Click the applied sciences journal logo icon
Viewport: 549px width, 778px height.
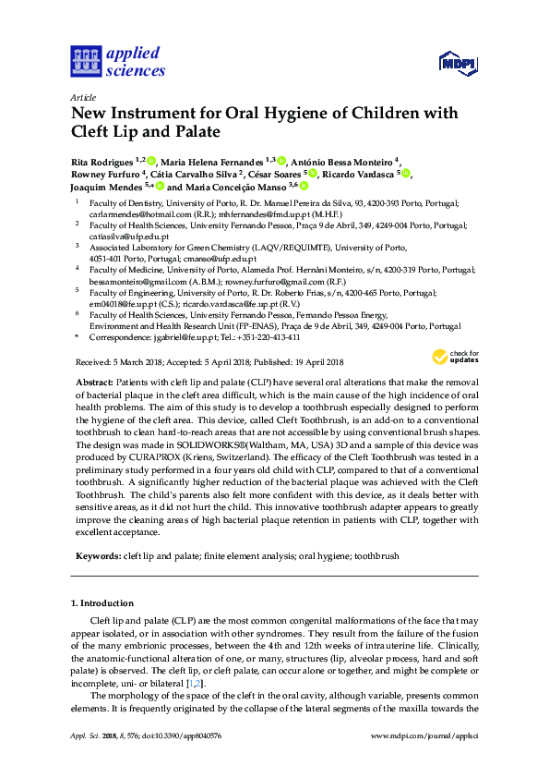(x=85, y=62)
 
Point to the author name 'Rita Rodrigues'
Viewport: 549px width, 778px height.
(x=101, y=161)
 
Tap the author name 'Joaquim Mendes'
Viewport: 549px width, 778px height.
(x=102, y=186)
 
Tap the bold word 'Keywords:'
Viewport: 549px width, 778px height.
(x=96, y=557)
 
